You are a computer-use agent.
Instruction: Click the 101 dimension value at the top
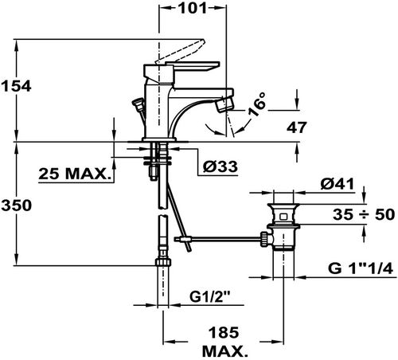pos(193,8)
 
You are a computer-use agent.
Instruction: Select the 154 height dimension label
pos(17,86)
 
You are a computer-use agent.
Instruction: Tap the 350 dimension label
pos(17,205)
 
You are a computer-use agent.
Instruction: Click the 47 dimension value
pos(297,127)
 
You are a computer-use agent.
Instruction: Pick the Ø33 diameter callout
pos(220,166)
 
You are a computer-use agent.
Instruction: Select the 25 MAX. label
pos(75,174)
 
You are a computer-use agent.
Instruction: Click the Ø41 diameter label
pos(338,184)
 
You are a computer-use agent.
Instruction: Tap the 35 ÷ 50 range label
pos(364,214)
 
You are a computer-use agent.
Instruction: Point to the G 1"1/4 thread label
pos(361,268)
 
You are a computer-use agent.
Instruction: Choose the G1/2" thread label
pos(209,297)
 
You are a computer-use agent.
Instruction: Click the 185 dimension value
pos(224,333)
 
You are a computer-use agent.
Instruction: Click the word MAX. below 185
pos(225,351)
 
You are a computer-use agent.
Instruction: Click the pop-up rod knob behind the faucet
pos(138,103)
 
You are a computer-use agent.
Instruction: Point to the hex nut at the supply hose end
pos(163,262)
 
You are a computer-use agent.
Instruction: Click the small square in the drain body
pos(283,217)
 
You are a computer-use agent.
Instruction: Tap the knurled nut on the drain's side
pos(264,239)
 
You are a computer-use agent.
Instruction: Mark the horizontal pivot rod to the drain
pos(217,239)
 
